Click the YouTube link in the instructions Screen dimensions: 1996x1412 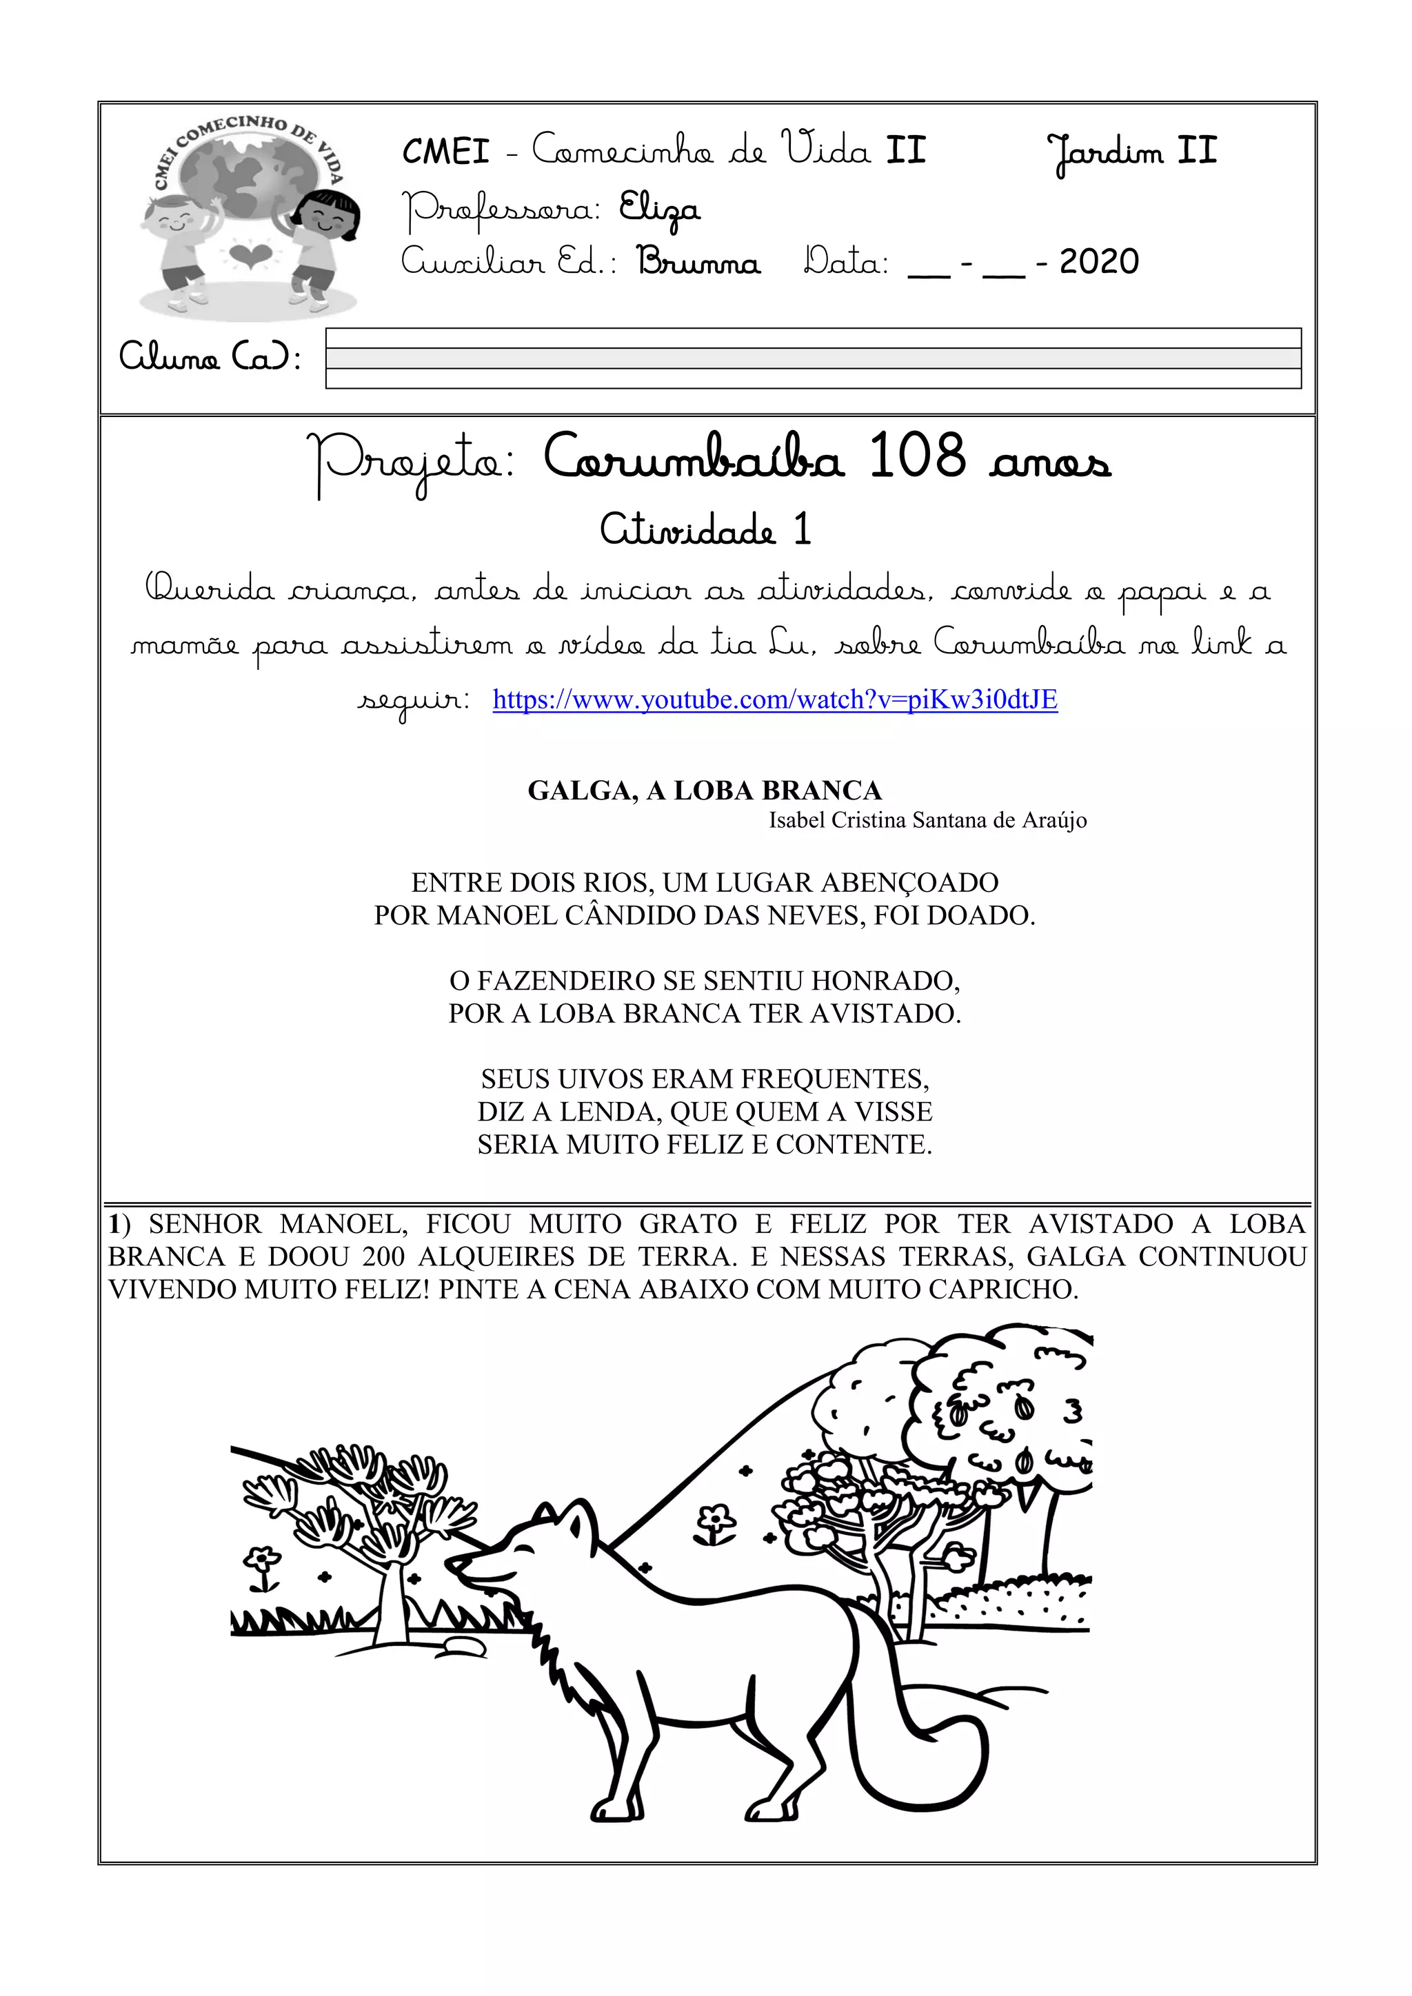click(775, 700)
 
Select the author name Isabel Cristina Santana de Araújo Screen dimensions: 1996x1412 click(928, 819)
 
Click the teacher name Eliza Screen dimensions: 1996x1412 click(658, 210)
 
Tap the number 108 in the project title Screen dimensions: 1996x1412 click(917, 456)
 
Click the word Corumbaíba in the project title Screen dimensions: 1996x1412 click(693, 457)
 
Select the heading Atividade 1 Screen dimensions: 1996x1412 click(705, 529)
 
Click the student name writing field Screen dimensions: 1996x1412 click(813, 358)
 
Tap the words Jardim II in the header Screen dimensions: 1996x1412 click(1131, 153)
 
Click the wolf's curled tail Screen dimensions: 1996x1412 click(922, 1747)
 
